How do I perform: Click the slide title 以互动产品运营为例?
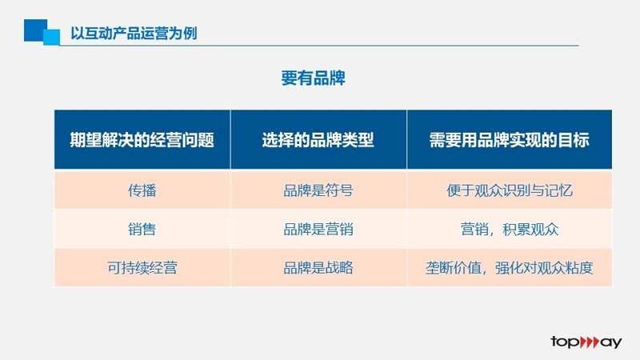pos(134,33)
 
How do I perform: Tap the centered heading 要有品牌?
pos(313,78)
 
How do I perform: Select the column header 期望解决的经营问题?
pos(142,140)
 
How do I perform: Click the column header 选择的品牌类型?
pos(318,140)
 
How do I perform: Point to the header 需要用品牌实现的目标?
pos(509,140)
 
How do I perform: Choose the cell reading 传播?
pos(142,190)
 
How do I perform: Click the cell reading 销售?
pos(142,229)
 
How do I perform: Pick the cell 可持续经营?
pos(142,268)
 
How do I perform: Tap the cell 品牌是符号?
pos(318,190)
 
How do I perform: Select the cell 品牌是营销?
pos(318,229)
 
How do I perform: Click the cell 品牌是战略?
pos(318,268)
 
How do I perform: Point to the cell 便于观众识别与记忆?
pos(510,190)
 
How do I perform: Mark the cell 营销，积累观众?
pos(510,229)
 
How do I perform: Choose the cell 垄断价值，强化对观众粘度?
pos(509,268)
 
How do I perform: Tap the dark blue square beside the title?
pos(34,30)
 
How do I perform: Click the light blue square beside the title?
pos(52,37)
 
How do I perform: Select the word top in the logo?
pos(565,342)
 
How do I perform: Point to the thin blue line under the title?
pos(319,46)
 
